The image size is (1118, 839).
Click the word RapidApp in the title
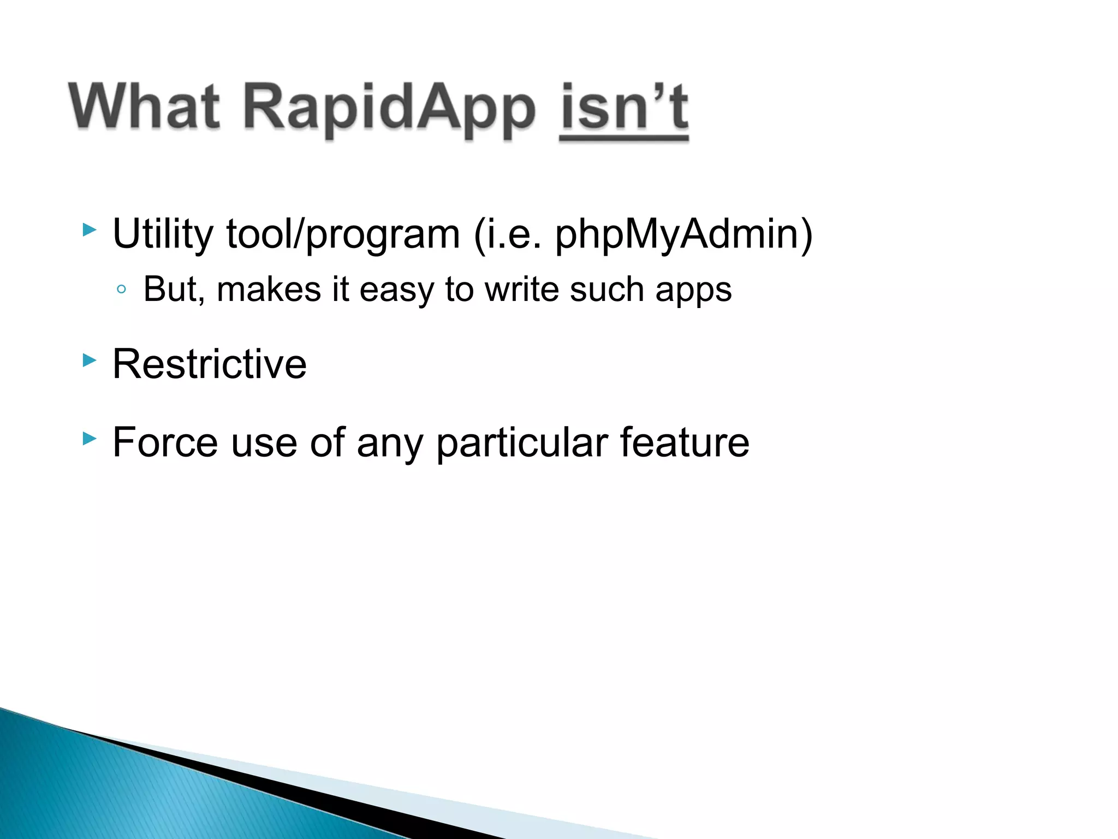389,109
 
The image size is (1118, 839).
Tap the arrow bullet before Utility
90,229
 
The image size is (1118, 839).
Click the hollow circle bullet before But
122,289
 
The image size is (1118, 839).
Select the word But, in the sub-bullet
174,289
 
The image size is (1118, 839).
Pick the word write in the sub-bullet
521,289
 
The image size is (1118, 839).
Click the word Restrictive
210,364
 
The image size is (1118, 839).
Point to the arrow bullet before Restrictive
90,360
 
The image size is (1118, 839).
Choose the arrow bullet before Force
90,438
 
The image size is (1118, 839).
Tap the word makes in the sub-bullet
269,289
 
